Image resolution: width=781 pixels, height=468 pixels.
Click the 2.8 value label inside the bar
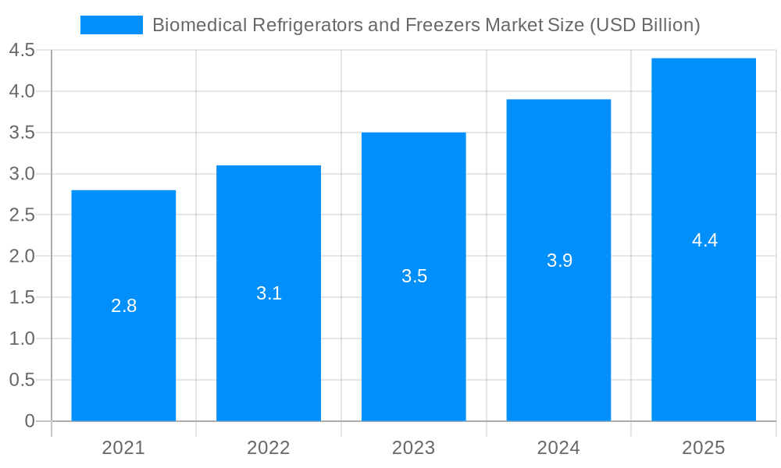pyautogui.click(x=123, y=306)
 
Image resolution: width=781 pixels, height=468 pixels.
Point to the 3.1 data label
pyautogui.click(x=269, y=293)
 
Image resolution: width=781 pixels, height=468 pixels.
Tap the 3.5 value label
pyautogui.click(x=414, y=276)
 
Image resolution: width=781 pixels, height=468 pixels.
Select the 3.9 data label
pyautogui.click(x=559, y=261)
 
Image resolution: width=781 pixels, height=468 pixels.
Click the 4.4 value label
pyautogui.click(x=704, y=240)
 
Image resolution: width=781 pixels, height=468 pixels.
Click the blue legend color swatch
pyautogui.click(x=112, y=25)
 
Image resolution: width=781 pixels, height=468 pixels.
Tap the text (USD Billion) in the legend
pyautogui.click(x=644, y=25)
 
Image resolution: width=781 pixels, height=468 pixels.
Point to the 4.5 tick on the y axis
pyautogui.click(x=22, y=51)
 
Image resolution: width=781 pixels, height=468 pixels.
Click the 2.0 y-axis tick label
pyautogui.click(x=22, y=257)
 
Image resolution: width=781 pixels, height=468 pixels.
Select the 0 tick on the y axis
pyautogui.click(x=30, y=421)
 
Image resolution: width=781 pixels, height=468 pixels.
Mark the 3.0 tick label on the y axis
pyautogui.click(x=22, y=174)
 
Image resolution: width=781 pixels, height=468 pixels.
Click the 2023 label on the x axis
pyautogui.click(x=414, y=448)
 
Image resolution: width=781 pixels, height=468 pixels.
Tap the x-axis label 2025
pyautogui.click(x=704, y=448)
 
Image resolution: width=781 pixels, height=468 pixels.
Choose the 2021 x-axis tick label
pyautogui.click(x=123, y=448)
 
